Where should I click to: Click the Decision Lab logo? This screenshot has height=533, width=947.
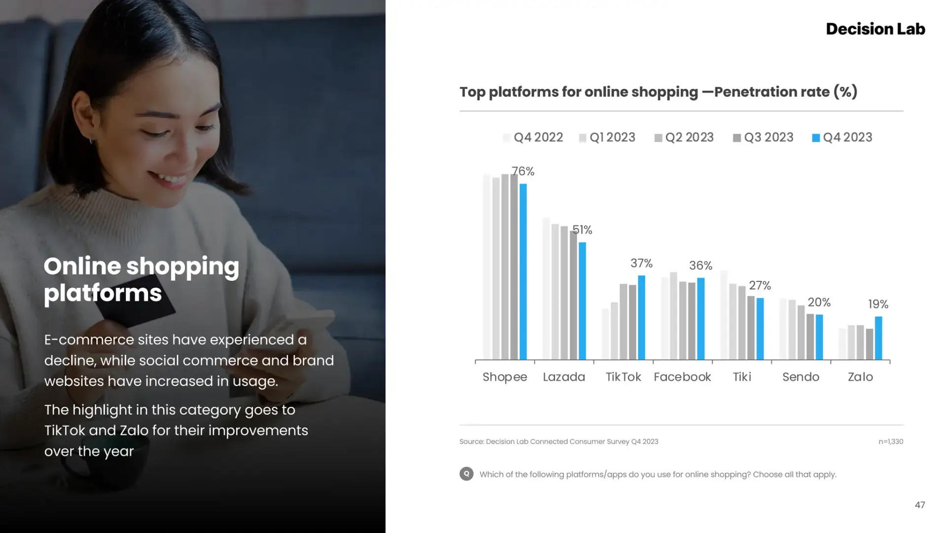click(875, 29)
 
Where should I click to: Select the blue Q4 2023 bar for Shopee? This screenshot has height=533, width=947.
click(523, 271)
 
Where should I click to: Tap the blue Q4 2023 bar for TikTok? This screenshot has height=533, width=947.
click(642, 317)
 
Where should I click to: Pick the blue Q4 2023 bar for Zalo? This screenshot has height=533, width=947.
click(878, 338)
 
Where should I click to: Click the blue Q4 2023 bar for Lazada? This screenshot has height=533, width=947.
click(583, 301)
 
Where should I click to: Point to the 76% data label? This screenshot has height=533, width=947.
click(523, 171)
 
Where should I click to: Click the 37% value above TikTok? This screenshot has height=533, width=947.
click(641, 264)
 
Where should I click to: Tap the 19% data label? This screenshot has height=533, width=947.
click(878, 304)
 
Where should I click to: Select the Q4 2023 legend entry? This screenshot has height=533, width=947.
click(842, 137)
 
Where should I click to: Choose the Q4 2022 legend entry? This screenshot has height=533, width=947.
click(533, 137)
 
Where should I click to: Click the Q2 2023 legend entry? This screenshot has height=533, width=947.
click(684, 137)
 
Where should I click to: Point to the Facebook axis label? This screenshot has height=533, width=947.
click(682, 377)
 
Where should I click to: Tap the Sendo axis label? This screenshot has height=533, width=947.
click(801, 377)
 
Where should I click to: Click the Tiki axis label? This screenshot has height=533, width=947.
click(742, 377)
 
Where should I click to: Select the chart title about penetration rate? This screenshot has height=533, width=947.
click(658, 92)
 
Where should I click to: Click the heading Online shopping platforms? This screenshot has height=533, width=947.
click(142, 279)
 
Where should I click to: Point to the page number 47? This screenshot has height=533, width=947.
click(920, 505)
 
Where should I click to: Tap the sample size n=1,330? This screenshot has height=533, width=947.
click(890, 442)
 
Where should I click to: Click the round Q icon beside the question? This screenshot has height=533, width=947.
click(466, 474)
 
